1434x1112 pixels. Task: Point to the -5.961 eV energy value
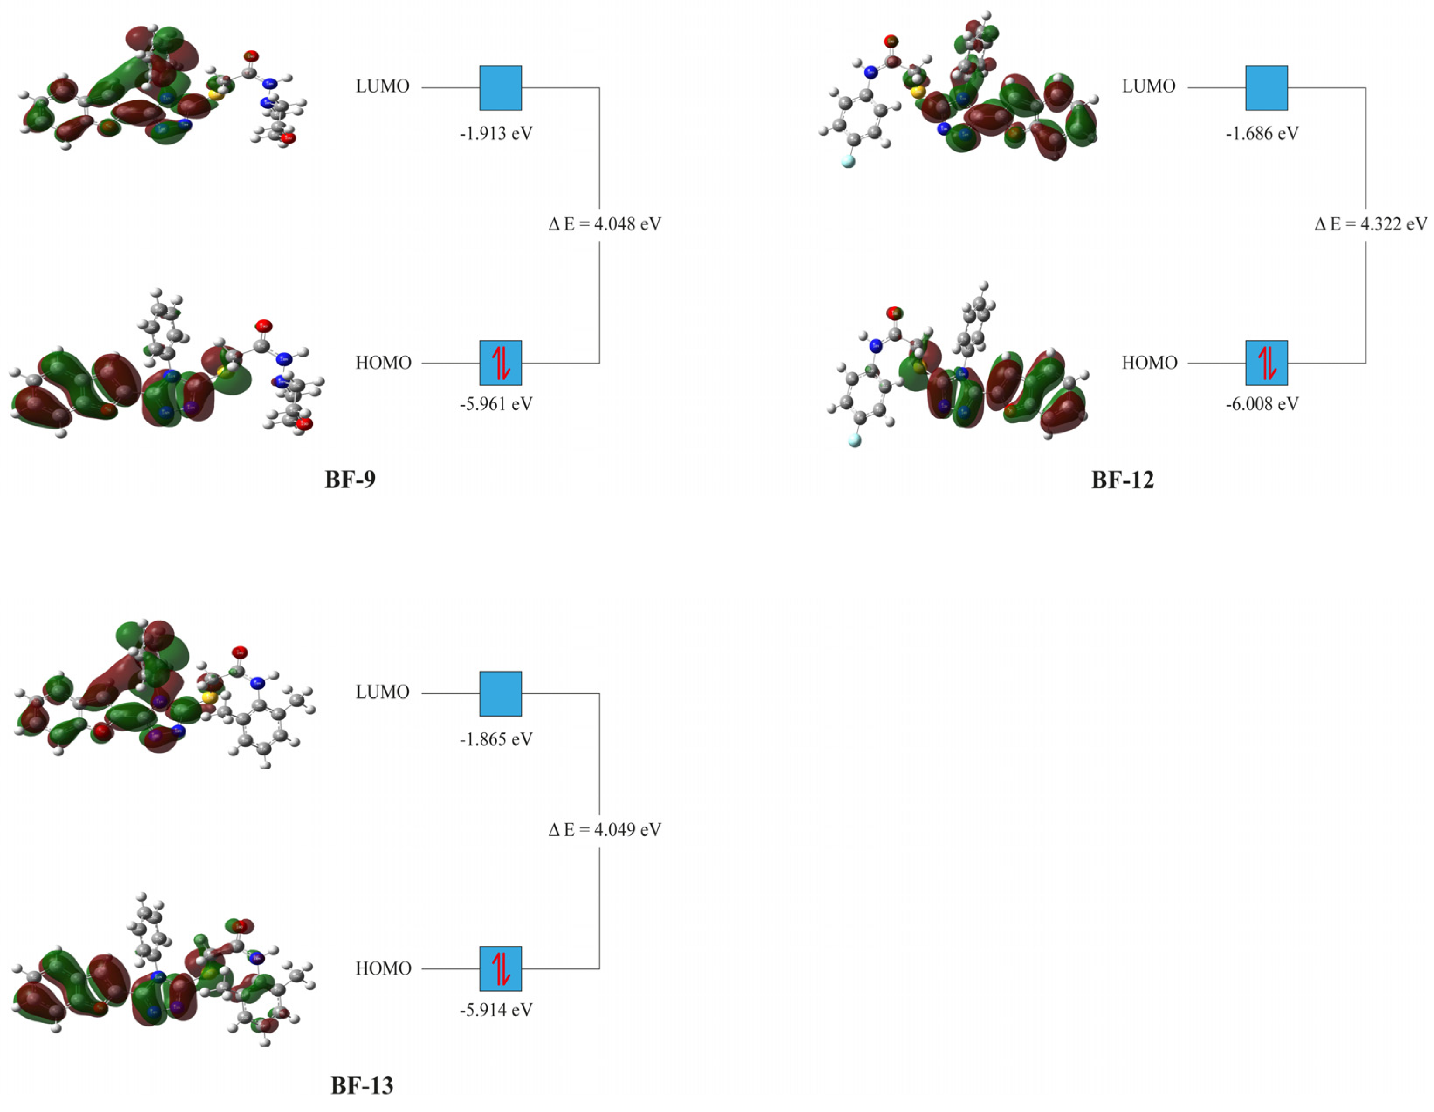pyautogui.click(x=496, y=404)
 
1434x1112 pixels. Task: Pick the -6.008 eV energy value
pyautogui.click(x=1262, y=404)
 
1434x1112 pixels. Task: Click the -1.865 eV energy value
pyautogui.click(x=496, y=740)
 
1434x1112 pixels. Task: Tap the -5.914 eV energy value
pyautogui.click(x=496, y=1009)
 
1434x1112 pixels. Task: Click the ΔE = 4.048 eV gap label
pyautogui.click(x=605, y=224)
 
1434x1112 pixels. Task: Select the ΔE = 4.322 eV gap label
pyautogui.click(x=1370, y=224)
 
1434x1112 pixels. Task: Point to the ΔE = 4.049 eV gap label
pyautogui.click(x=605, y=830)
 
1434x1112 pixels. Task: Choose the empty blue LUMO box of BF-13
pyautogui.click(x=500, y=693)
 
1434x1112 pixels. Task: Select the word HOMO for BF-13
pyautogui.click(x=383, y=969)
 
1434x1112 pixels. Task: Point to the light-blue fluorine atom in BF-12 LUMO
pyautogui.click(x=848, y=161)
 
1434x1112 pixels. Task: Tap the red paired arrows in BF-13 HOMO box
pyautogui.click(x=501, y=969)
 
